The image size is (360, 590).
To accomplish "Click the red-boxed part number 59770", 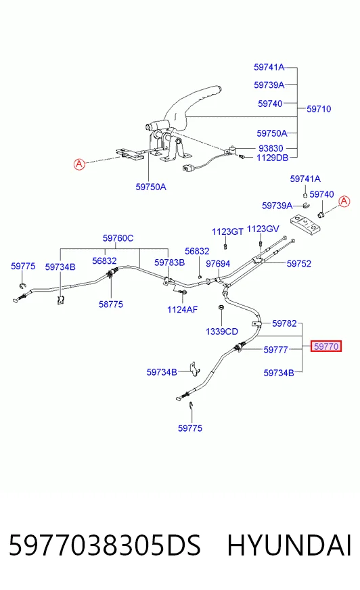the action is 326,346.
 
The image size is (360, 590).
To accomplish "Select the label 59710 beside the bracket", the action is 319,109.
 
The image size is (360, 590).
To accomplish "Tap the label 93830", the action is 271,148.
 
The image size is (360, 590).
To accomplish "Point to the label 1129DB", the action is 272,158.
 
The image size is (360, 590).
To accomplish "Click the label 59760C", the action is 118,238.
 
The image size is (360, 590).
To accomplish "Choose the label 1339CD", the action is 222,332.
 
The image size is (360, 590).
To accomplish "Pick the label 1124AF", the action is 183,310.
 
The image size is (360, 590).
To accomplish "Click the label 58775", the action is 110,304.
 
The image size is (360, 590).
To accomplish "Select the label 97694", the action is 218,264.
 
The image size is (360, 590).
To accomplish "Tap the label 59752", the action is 298,264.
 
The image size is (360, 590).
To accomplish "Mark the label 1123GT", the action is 227,231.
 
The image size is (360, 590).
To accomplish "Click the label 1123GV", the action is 263,229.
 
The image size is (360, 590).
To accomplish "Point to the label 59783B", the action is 170,263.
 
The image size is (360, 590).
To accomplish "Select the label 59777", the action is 275,350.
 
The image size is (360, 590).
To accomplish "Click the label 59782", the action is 284,323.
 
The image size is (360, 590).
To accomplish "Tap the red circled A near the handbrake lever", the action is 79,164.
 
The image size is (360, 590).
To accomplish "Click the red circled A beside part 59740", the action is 344,202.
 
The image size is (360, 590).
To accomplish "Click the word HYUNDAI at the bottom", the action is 289,545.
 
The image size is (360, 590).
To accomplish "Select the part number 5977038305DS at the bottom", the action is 105,545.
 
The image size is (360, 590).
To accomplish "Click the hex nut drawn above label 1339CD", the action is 221,308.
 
